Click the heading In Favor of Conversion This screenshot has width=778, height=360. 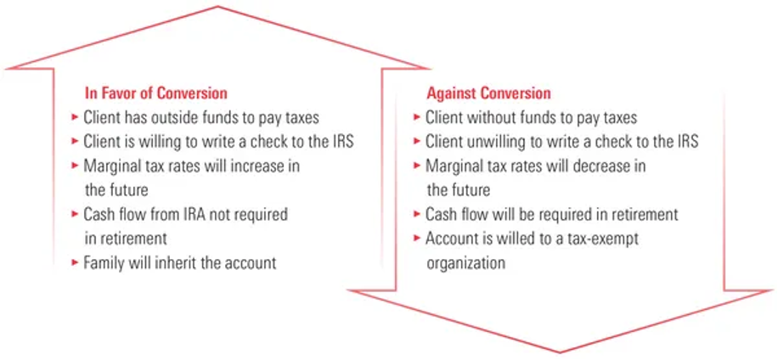(156, 93)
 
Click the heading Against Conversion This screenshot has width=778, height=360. (488, 93)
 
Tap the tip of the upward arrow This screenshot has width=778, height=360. (217, 7)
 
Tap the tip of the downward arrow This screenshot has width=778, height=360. (560, 352)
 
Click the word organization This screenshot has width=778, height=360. (466, 262)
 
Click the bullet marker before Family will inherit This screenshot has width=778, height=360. (75, 262)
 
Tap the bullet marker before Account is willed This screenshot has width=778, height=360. (417, 239)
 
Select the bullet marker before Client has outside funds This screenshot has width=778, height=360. (75, 117)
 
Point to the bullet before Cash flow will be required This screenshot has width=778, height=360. (417, 214)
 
